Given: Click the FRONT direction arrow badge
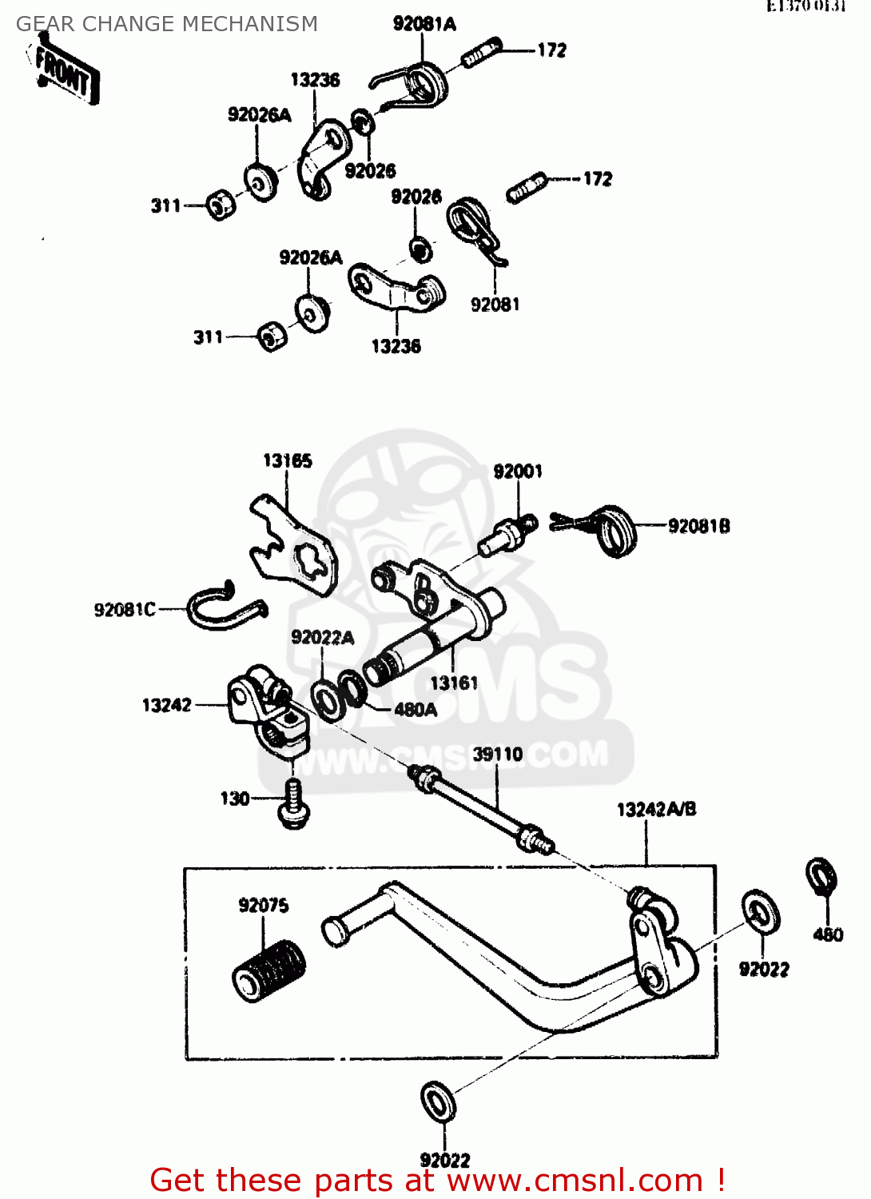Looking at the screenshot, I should [66, 74].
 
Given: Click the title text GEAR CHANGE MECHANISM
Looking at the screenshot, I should [167, 24].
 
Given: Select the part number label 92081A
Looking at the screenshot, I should [424, 24].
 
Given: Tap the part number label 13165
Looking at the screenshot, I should [288, 460].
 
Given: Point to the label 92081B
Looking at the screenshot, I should [699, 526].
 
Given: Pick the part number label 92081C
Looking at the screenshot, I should [125, 610].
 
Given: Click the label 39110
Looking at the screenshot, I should [498, 754].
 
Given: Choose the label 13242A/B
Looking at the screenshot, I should [656, 809].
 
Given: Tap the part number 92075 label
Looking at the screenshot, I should [264, 905].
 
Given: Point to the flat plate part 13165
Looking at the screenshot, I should [292, 548].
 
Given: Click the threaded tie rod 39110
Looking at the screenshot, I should [479, 807].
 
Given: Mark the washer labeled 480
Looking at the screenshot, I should [821, 877].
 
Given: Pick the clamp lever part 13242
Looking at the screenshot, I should [267, 710].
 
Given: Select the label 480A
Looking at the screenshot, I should [416, 710].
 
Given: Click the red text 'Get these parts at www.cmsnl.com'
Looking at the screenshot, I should [437, 1180].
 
